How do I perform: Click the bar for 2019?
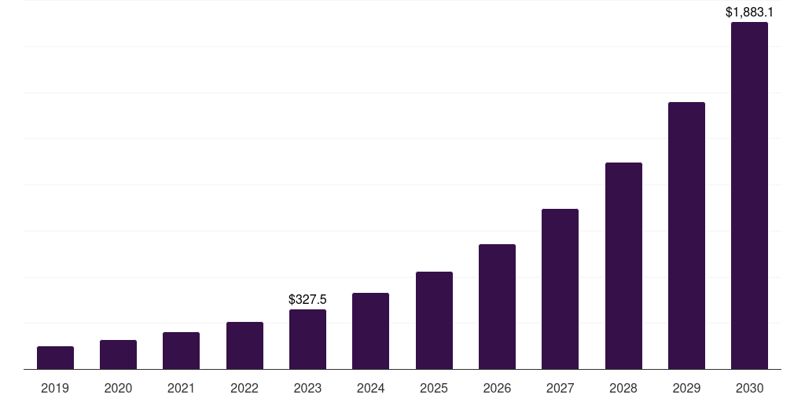(55, 358)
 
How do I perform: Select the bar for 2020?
(118, 355)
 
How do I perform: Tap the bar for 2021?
(181, 351)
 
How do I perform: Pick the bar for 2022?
(244, 345)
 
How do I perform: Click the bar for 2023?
(307, 339)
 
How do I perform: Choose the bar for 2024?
(370, 331)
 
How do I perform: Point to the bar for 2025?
(434, 320)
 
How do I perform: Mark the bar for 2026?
(497, 307)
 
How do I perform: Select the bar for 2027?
(560, 289)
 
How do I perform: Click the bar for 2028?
(623, 266)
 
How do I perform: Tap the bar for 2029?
(686, 236)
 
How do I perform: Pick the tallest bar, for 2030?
(749, 196)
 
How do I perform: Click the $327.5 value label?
(307, 299)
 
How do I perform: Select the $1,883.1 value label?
(749, 12)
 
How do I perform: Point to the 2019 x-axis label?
(55, 388)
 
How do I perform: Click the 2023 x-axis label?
(307, 388)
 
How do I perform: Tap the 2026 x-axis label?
(497, 388)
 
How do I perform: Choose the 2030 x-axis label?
(749, 388)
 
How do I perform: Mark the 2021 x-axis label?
(181, 388)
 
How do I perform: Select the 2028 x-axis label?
(623, 388)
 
